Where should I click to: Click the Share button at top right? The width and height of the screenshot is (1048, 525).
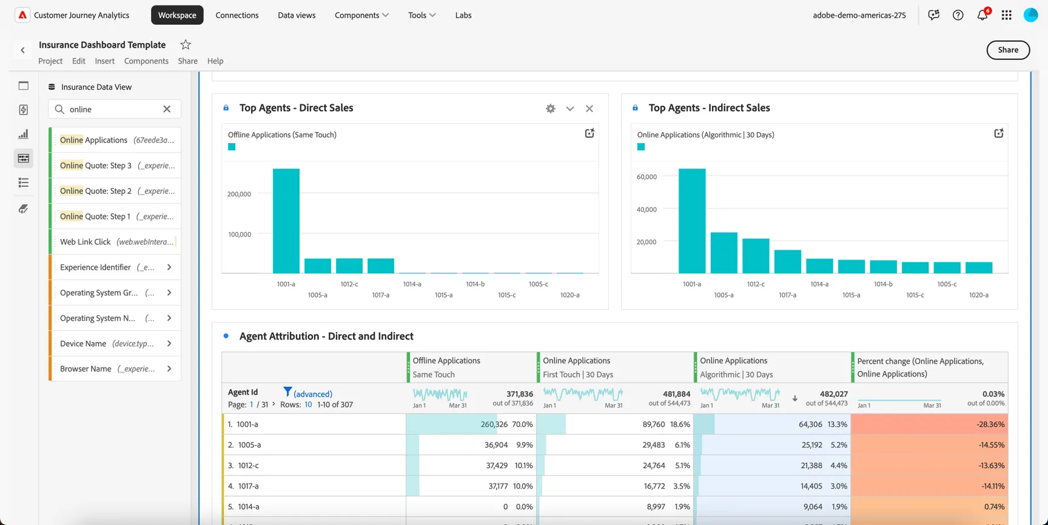pos(1008,50)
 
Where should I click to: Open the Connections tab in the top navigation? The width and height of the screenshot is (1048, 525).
pos(237,15)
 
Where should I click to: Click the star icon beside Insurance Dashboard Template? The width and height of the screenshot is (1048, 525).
pos(186,44)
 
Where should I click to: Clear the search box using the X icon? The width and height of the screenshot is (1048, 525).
pos(167,109)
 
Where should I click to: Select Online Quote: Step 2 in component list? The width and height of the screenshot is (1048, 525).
pos(95,191)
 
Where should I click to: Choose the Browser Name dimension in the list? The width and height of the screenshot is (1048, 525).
pos(86,369)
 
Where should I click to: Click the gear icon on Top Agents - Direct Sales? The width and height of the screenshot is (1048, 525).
pos(551,109)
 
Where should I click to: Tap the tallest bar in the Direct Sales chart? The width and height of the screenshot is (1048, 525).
pos(286,221)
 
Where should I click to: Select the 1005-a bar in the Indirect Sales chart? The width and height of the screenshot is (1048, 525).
pos(724,253)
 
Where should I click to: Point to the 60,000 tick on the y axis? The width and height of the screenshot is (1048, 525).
pos(647,177)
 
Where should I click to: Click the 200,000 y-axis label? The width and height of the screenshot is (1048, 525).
pos(239,194)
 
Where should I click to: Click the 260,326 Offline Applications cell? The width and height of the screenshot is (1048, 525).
pos(494,424)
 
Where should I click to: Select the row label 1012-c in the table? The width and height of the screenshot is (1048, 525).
pos(249,466)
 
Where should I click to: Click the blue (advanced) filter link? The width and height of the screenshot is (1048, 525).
pos(312,394)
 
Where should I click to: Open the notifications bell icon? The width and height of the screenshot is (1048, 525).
pos(982,15)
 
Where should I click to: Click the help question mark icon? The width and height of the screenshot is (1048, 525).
pos(958,15)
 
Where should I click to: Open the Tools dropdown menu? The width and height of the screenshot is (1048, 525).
pos(422,15)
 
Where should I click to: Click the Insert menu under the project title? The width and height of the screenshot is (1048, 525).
pos(104,61)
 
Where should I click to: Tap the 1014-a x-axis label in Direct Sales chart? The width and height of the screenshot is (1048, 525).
pos(412,284)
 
